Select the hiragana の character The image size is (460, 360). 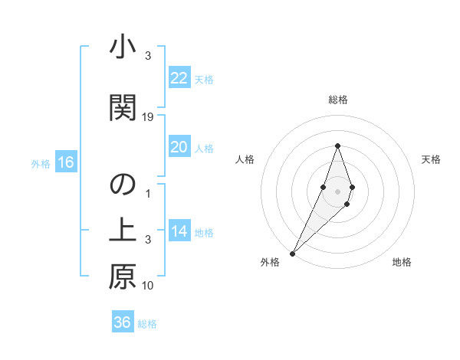click(123, 185)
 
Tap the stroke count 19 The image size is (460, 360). click(149, 117)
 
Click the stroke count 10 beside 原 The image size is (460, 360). click(149, 286)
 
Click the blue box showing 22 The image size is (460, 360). click(179, 78)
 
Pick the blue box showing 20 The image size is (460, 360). click(179, 147)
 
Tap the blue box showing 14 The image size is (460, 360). click(179, 231)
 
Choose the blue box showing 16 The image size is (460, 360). click(66, 162)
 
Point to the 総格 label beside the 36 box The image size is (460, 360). click(147, 324)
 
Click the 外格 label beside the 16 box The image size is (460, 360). click(41, 163)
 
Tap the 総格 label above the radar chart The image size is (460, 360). click(337, 100)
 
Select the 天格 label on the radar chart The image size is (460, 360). click(431, 159)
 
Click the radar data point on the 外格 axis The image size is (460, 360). click(292, 253)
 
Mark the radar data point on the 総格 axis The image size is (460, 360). click(337, 146)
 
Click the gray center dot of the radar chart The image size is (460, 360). click(337, 191)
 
